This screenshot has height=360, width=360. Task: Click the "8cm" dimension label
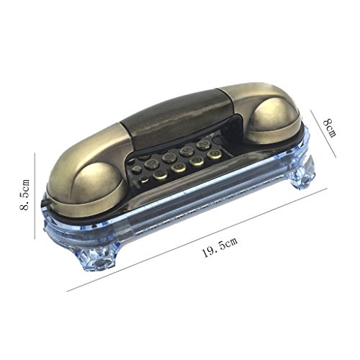330,128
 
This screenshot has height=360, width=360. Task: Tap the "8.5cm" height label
25,194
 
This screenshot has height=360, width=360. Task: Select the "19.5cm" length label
220,247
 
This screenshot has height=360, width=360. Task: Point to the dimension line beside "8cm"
323,134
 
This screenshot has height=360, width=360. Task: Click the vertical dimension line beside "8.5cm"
35,196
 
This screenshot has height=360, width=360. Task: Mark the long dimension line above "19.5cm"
197,240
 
